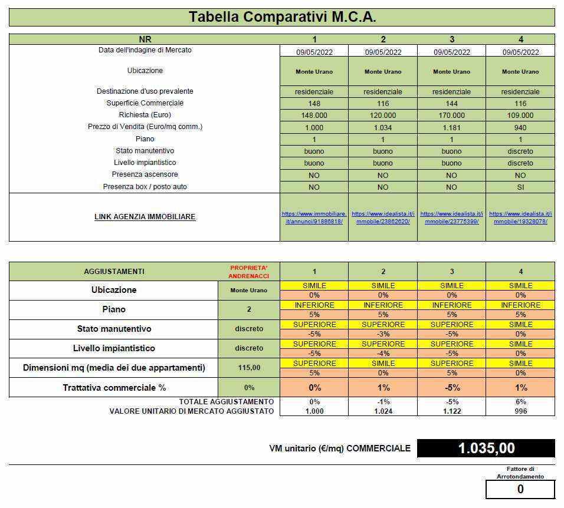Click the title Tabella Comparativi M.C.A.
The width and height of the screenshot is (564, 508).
[282, 17]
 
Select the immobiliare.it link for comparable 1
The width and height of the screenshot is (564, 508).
[314, 217]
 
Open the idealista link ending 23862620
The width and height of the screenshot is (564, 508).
[383, 217]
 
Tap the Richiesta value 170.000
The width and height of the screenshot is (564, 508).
[451, 116]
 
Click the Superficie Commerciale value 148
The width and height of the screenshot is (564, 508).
[314, 104]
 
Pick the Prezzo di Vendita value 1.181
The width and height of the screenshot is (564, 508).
[451, 127]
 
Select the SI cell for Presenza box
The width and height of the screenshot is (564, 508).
[520, 187]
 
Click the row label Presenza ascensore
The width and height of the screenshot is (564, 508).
[145, 174]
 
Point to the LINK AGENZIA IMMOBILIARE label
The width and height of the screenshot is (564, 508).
[145, 217]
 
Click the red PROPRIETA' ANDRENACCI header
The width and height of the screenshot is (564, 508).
[249, 272]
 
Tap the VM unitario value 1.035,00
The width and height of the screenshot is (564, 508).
[486, 448]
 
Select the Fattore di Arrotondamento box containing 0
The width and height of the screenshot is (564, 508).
[520, 489]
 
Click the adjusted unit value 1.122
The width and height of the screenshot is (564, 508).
[451, 411]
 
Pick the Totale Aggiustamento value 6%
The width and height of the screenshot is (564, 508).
[520, 402]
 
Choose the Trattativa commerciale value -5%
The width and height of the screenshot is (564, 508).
[451, 388]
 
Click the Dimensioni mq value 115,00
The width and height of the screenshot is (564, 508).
[249, 368]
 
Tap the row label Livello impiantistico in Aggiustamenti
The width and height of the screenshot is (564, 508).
[114, 348]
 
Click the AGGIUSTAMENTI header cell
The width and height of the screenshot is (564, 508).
[114, 272]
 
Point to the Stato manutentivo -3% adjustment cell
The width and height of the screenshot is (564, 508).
[383, 334]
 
